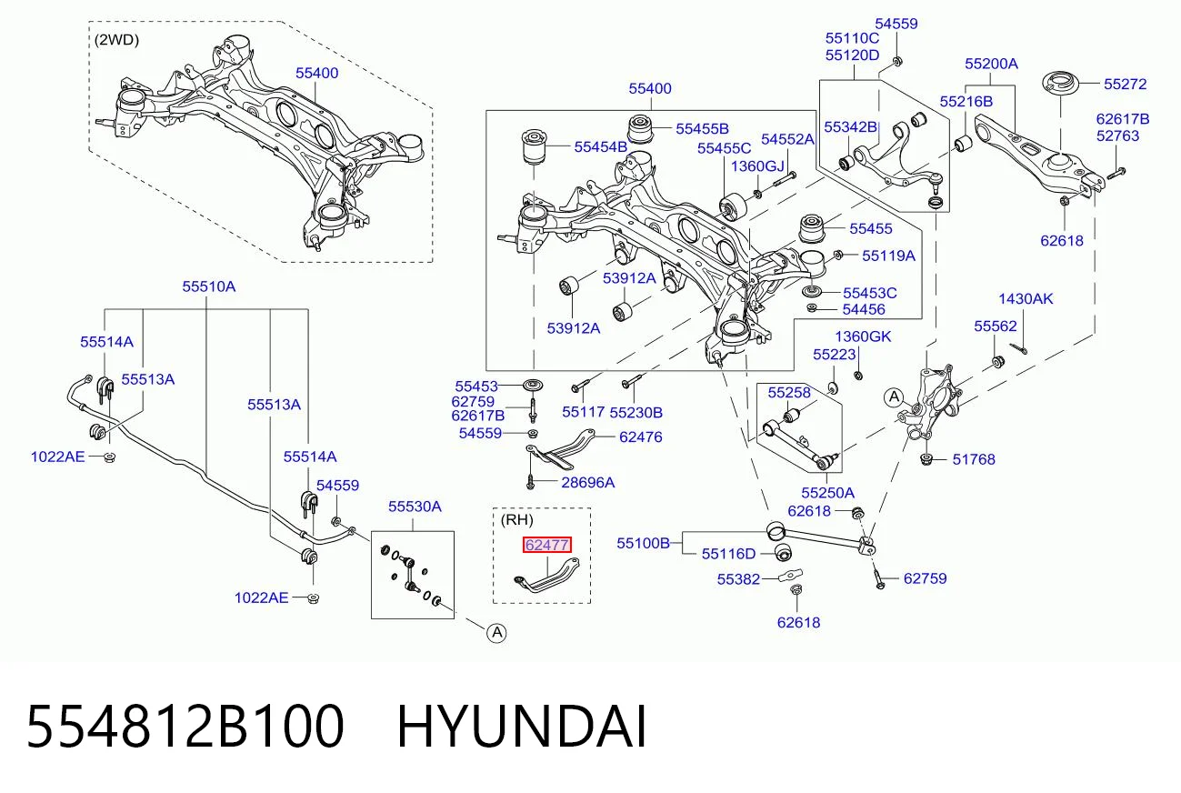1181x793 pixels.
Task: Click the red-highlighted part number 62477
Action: (x=546, y=545)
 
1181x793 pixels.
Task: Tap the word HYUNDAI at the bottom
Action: (x=522, y=727)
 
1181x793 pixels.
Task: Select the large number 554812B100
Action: (x=185, y=727)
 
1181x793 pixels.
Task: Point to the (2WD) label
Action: (x=116, y=40)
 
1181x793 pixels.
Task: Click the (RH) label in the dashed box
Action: (x=516, y=520)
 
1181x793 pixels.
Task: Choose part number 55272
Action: (x=1126, y=85)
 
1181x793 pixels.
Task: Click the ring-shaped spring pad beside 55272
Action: (x=1060, y=84)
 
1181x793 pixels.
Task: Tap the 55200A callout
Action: (x=991, y=64)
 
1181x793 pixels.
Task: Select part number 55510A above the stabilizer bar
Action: (x=209, y=286)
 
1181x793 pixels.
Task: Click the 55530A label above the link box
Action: (x=415, y=507)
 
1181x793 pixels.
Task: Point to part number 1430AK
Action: (x=1026, y=299)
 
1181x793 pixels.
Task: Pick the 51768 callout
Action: (x=974, y=460)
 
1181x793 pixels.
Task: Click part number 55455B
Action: (x=702, y=129)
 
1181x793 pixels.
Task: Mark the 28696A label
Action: (x=588, y=483)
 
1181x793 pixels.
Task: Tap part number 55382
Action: (x=738, y=579)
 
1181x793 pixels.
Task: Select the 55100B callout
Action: (x=643, y=543)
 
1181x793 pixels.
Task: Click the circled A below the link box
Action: (x=496, y=633)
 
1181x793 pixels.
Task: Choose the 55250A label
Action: (x=827, y=493)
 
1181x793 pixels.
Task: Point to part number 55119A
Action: (x=888, y=256)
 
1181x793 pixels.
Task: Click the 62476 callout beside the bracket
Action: (x=641, y=437)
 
